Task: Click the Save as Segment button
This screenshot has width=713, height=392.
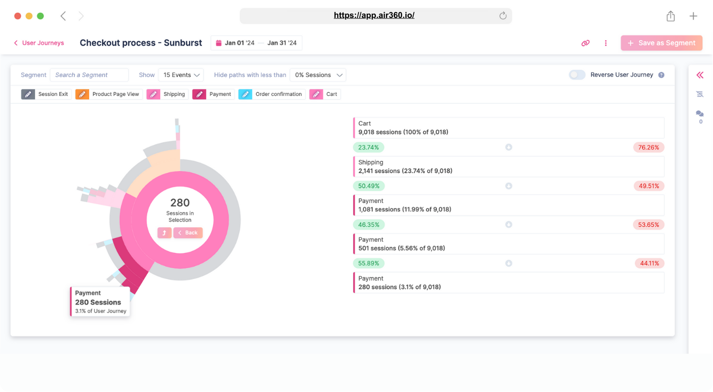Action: pyautogui.click(x=661, y=43)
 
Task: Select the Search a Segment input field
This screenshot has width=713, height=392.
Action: pyautogui.click(x=89, y=75)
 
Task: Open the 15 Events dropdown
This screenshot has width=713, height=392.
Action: pyautogui.click(x=181, y=75)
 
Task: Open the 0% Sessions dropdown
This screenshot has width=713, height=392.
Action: pyautogui.click(x=318, y=75)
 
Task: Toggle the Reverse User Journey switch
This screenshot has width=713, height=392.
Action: pyautogui.click(x=577, y=75)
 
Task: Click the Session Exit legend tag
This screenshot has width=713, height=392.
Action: pyautogui.click(x=46, y=94)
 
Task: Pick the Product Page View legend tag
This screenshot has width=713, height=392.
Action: pyautogui.click(x=109, y=94)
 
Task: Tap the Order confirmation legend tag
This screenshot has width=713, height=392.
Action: pyautogui.click(x=272, y=94)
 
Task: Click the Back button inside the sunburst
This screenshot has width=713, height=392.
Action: pyautogui.click(x=188, y=233)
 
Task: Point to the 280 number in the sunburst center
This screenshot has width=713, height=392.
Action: pyautogui.click(x=180, y=203)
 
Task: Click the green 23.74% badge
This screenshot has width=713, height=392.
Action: pyautogui.click(x=369, y=147)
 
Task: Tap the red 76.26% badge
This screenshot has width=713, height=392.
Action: pyautogui.click(x=649, y=147)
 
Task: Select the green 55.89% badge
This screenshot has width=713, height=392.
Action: pyautogui.click(x=369, y=264)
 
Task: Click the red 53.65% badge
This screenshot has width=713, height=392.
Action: pyautogui.click(x=649, y=225)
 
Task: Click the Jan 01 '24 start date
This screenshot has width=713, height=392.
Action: pyautogui.click(x=239, y=43)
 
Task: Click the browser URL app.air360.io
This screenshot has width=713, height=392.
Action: pyautogui.click(x=374, y=15)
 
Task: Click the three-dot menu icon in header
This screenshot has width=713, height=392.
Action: pyautogui.click(x=605, y=43)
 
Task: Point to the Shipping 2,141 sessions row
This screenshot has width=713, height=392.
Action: pyautogui.click(x=509, y=166)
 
